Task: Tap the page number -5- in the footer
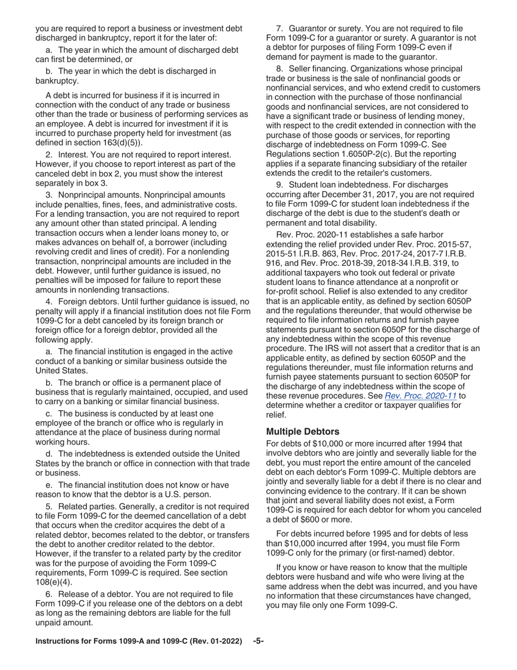click(x=258, y=657)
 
